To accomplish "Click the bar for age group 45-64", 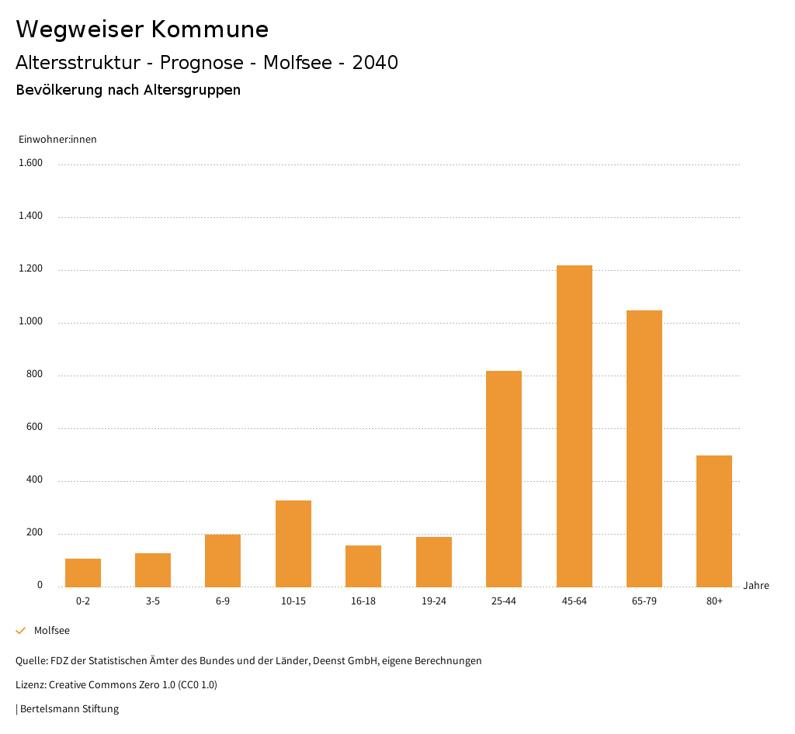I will pos(574,426).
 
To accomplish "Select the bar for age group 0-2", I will pos(83,573).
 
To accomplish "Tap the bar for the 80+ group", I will pos(714,521).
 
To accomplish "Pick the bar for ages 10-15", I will pos(293,543).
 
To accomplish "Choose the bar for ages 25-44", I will pos(504,479).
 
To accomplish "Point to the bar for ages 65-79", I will pos(644,448).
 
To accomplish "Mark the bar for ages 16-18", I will pos(363,566).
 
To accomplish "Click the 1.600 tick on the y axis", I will pos(30,163).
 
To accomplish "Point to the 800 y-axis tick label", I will pos(34,374).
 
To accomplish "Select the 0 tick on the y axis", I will pos(40,585).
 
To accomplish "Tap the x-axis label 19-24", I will pos(434,601).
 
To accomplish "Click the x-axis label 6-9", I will pos(223,601).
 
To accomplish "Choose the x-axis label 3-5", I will pos(153,601).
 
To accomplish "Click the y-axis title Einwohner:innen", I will pos(57,140).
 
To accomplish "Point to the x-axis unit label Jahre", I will pos(755,586).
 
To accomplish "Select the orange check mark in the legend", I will pos(21,631).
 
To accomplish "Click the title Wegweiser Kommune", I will pos(142,29).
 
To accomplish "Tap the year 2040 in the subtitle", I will pos(375,63).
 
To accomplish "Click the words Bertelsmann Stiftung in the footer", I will pos(69,708).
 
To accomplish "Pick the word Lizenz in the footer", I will pos(30,685).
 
